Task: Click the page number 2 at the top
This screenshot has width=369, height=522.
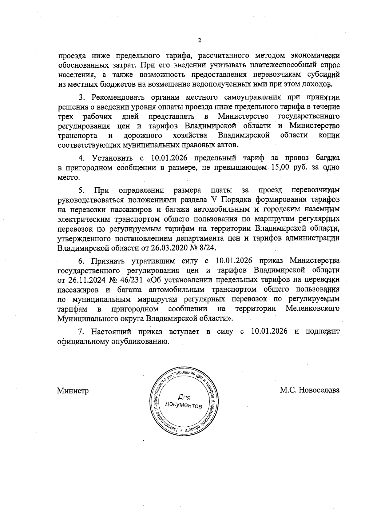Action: tap(199, 41)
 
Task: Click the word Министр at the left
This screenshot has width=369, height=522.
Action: tap(73, 391)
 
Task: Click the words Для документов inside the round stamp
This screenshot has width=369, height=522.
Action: tap(184, 401)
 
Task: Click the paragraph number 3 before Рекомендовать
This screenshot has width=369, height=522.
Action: tap(81, 98)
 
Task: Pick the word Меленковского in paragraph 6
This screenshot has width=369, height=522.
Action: tap(312, 308)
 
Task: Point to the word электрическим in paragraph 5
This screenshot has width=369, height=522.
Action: tap(84, 219)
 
